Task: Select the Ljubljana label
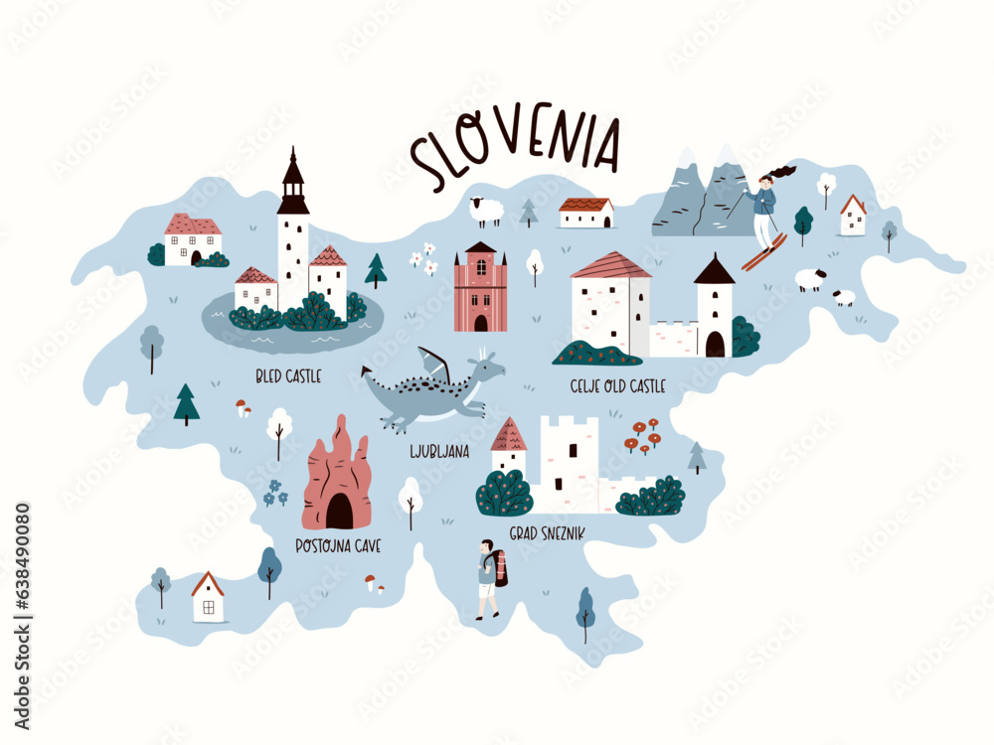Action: tap(439, 452)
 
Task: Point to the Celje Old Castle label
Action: tap(617, 385)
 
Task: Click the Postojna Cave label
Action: tap(339, 545)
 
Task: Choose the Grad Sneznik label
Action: tap(546, 533)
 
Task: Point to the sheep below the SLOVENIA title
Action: tap(486, 211)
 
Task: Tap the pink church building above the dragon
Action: tap(480, 288)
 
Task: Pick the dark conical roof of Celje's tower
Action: tap(714, 270)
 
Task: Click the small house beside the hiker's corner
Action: tap(208, 596)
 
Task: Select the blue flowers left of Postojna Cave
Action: tap(275, 493)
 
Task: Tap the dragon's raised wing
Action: tap(435, 364)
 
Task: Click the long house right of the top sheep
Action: tap(585, 213)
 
